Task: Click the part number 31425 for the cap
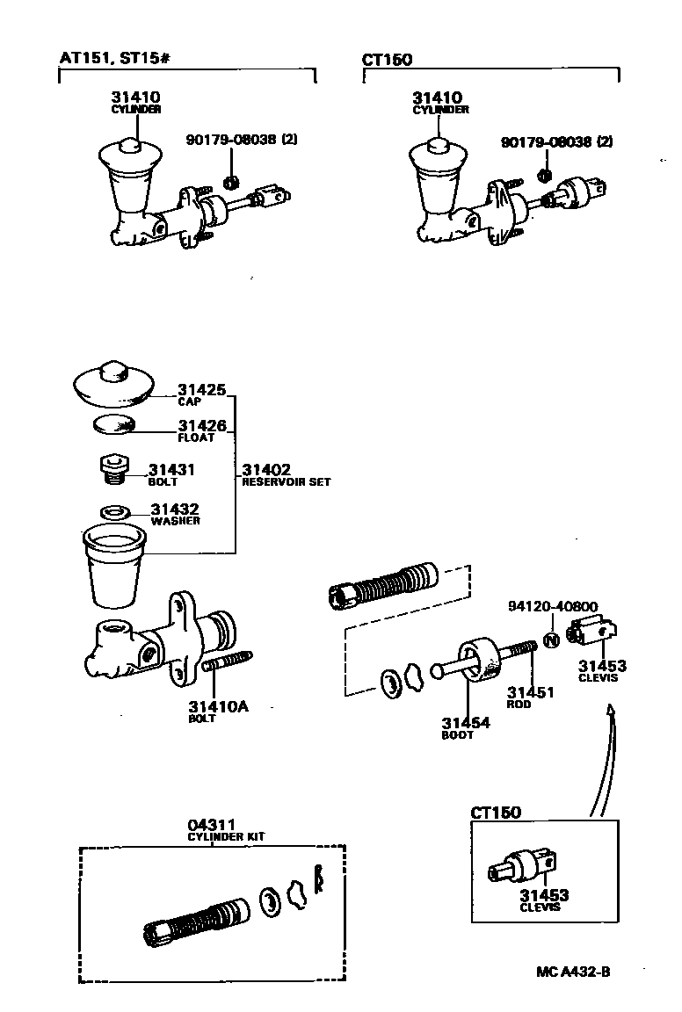tap(202, 389)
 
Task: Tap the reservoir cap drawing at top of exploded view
tap(112, 384)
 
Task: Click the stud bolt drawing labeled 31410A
tap(228, 665)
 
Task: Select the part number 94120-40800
tap(553, 607)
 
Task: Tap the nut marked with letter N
tap(551, 640)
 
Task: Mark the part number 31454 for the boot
tap(466, 723)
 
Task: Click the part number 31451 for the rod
tap(530, 692)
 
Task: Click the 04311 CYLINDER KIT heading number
tap(211, 825)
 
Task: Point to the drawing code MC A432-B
tap(574, 972)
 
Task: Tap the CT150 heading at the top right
tap(387, 60)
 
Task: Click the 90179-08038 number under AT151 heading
tap(223, 141)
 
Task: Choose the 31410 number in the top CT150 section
tap(438, 98)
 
